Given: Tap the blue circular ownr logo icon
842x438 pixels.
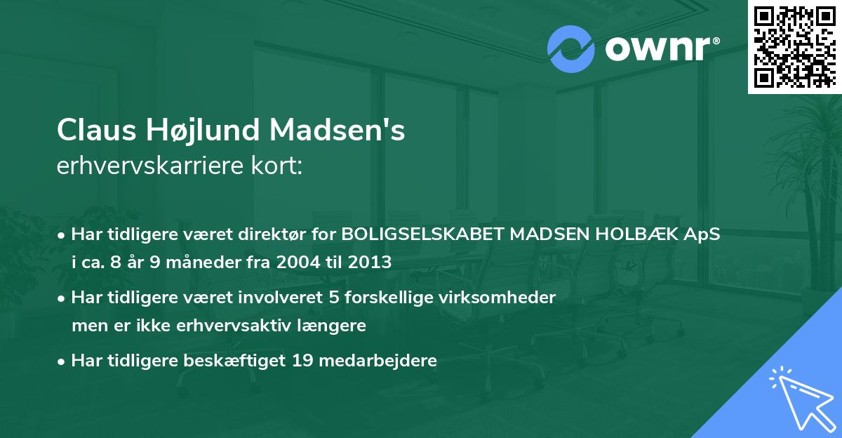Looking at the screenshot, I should pos(570,48).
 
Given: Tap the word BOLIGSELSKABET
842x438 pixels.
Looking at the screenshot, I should pos(422,234).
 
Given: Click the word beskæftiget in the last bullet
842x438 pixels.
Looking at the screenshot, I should pos(243,361).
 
